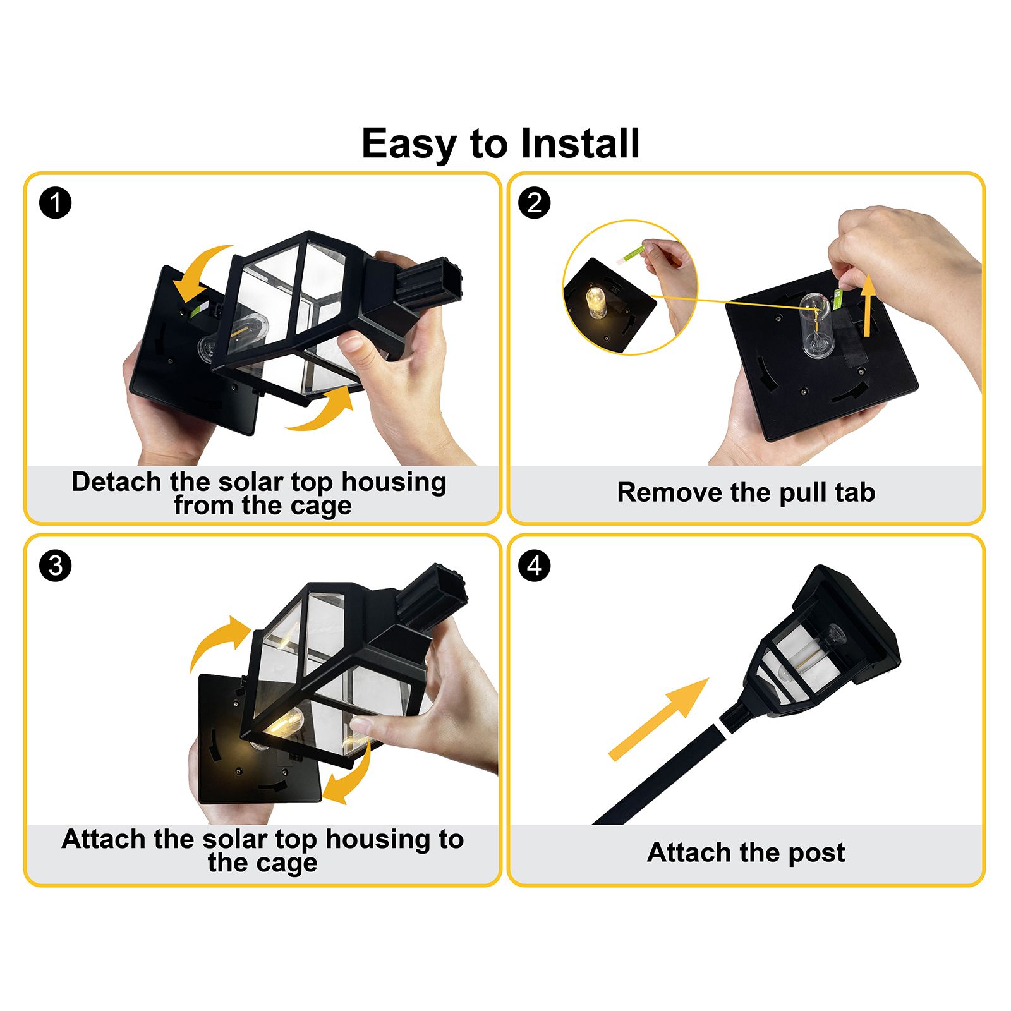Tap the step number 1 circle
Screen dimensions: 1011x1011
[56, 203]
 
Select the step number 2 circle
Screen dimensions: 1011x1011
[534, 203]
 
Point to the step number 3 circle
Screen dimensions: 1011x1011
[56, 565]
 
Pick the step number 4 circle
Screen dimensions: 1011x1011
[534, 565]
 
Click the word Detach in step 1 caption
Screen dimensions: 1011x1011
[116, 481]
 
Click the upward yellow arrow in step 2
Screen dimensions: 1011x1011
[869, 305]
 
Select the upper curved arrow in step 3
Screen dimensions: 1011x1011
[215, 638]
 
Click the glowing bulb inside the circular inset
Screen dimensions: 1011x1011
[596, 302]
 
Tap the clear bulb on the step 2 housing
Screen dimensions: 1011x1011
[816, 325]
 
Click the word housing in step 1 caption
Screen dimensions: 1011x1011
[394, 483]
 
